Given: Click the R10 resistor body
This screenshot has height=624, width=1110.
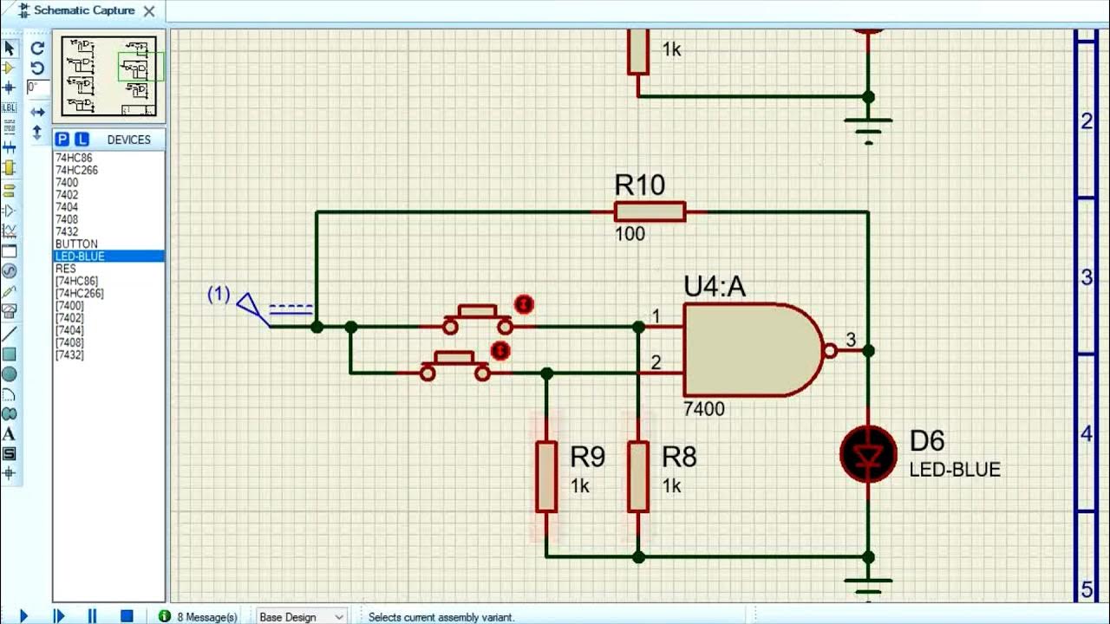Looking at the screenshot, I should pyautogui.click(x=650, y=211).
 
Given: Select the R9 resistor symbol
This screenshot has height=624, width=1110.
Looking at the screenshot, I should pyautogui.click(x=545, y=476).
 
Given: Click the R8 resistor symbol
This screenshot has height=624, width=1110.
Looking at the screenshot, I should pyautogui.click(x=638, y=476).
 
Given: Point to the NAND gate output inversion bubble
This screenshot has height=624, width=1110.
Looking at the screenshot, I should pyautogui.click(x=830, y=351).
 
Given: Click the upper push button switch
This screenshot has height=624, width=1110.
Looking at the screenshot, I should pyautogui.click(x=477, y=319).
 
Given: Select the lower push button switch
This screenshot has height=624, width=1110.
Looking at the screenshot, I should pyautogui.click(x=454, y=366).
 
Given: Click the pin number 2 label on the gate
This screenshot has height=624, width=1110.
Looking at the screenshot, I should pyautogui.click(x=656, y=362).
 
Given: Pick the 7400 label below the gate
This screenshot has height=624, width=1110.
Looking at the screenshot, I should pyautogui.click(x=703, y=409).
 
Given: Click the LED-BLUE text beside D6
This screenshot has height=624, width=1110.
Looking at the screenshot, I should pyautogui.click(x=955, y=470).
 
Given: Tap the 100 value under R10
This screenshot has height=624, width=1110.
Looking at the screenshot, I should pyautogui.click(x=630, y=234).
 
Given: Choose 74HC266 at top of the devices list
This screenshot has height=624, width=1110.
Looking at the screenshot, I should pyautogui.click(x=76, y=171).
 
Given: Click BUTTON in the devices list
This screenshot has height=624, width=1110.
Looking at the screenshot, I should pyautogui.click(x=76, y=244).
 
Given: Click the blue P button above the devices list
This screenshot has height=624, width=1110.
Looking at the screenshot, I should pyautogui.click(x=62, y=140).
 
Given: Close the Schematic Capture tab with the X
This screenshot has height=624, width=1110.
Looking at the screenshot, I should pyautogui.click(x=149, y=11).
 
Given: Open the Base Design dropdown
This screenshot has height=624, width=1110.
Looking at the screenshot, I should pyautogui.click(x=301, y=616).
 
